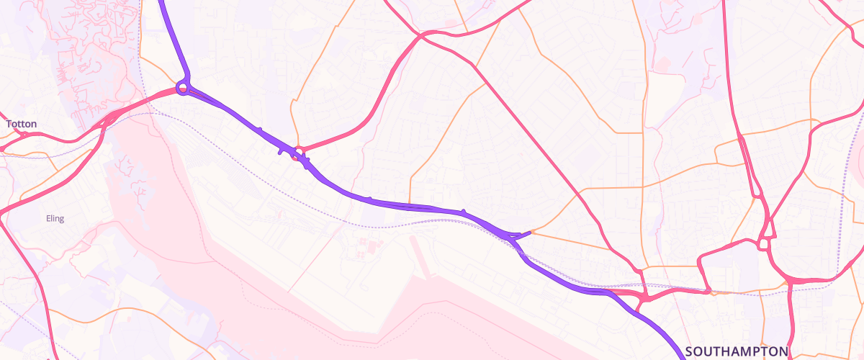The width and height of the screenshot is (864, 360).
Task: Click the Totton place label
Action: pos(22,124)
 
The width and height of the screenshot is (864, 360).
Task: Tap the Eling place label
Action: pos(55,219)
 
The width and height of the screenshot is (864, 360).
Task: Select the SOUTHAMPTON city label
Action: pos(737,351)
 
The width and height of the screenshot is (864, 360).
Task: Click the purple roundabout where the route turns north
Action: pos(183,89)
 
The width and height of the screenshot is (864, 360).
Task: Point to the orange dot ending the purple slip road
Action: pos(531,232)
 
